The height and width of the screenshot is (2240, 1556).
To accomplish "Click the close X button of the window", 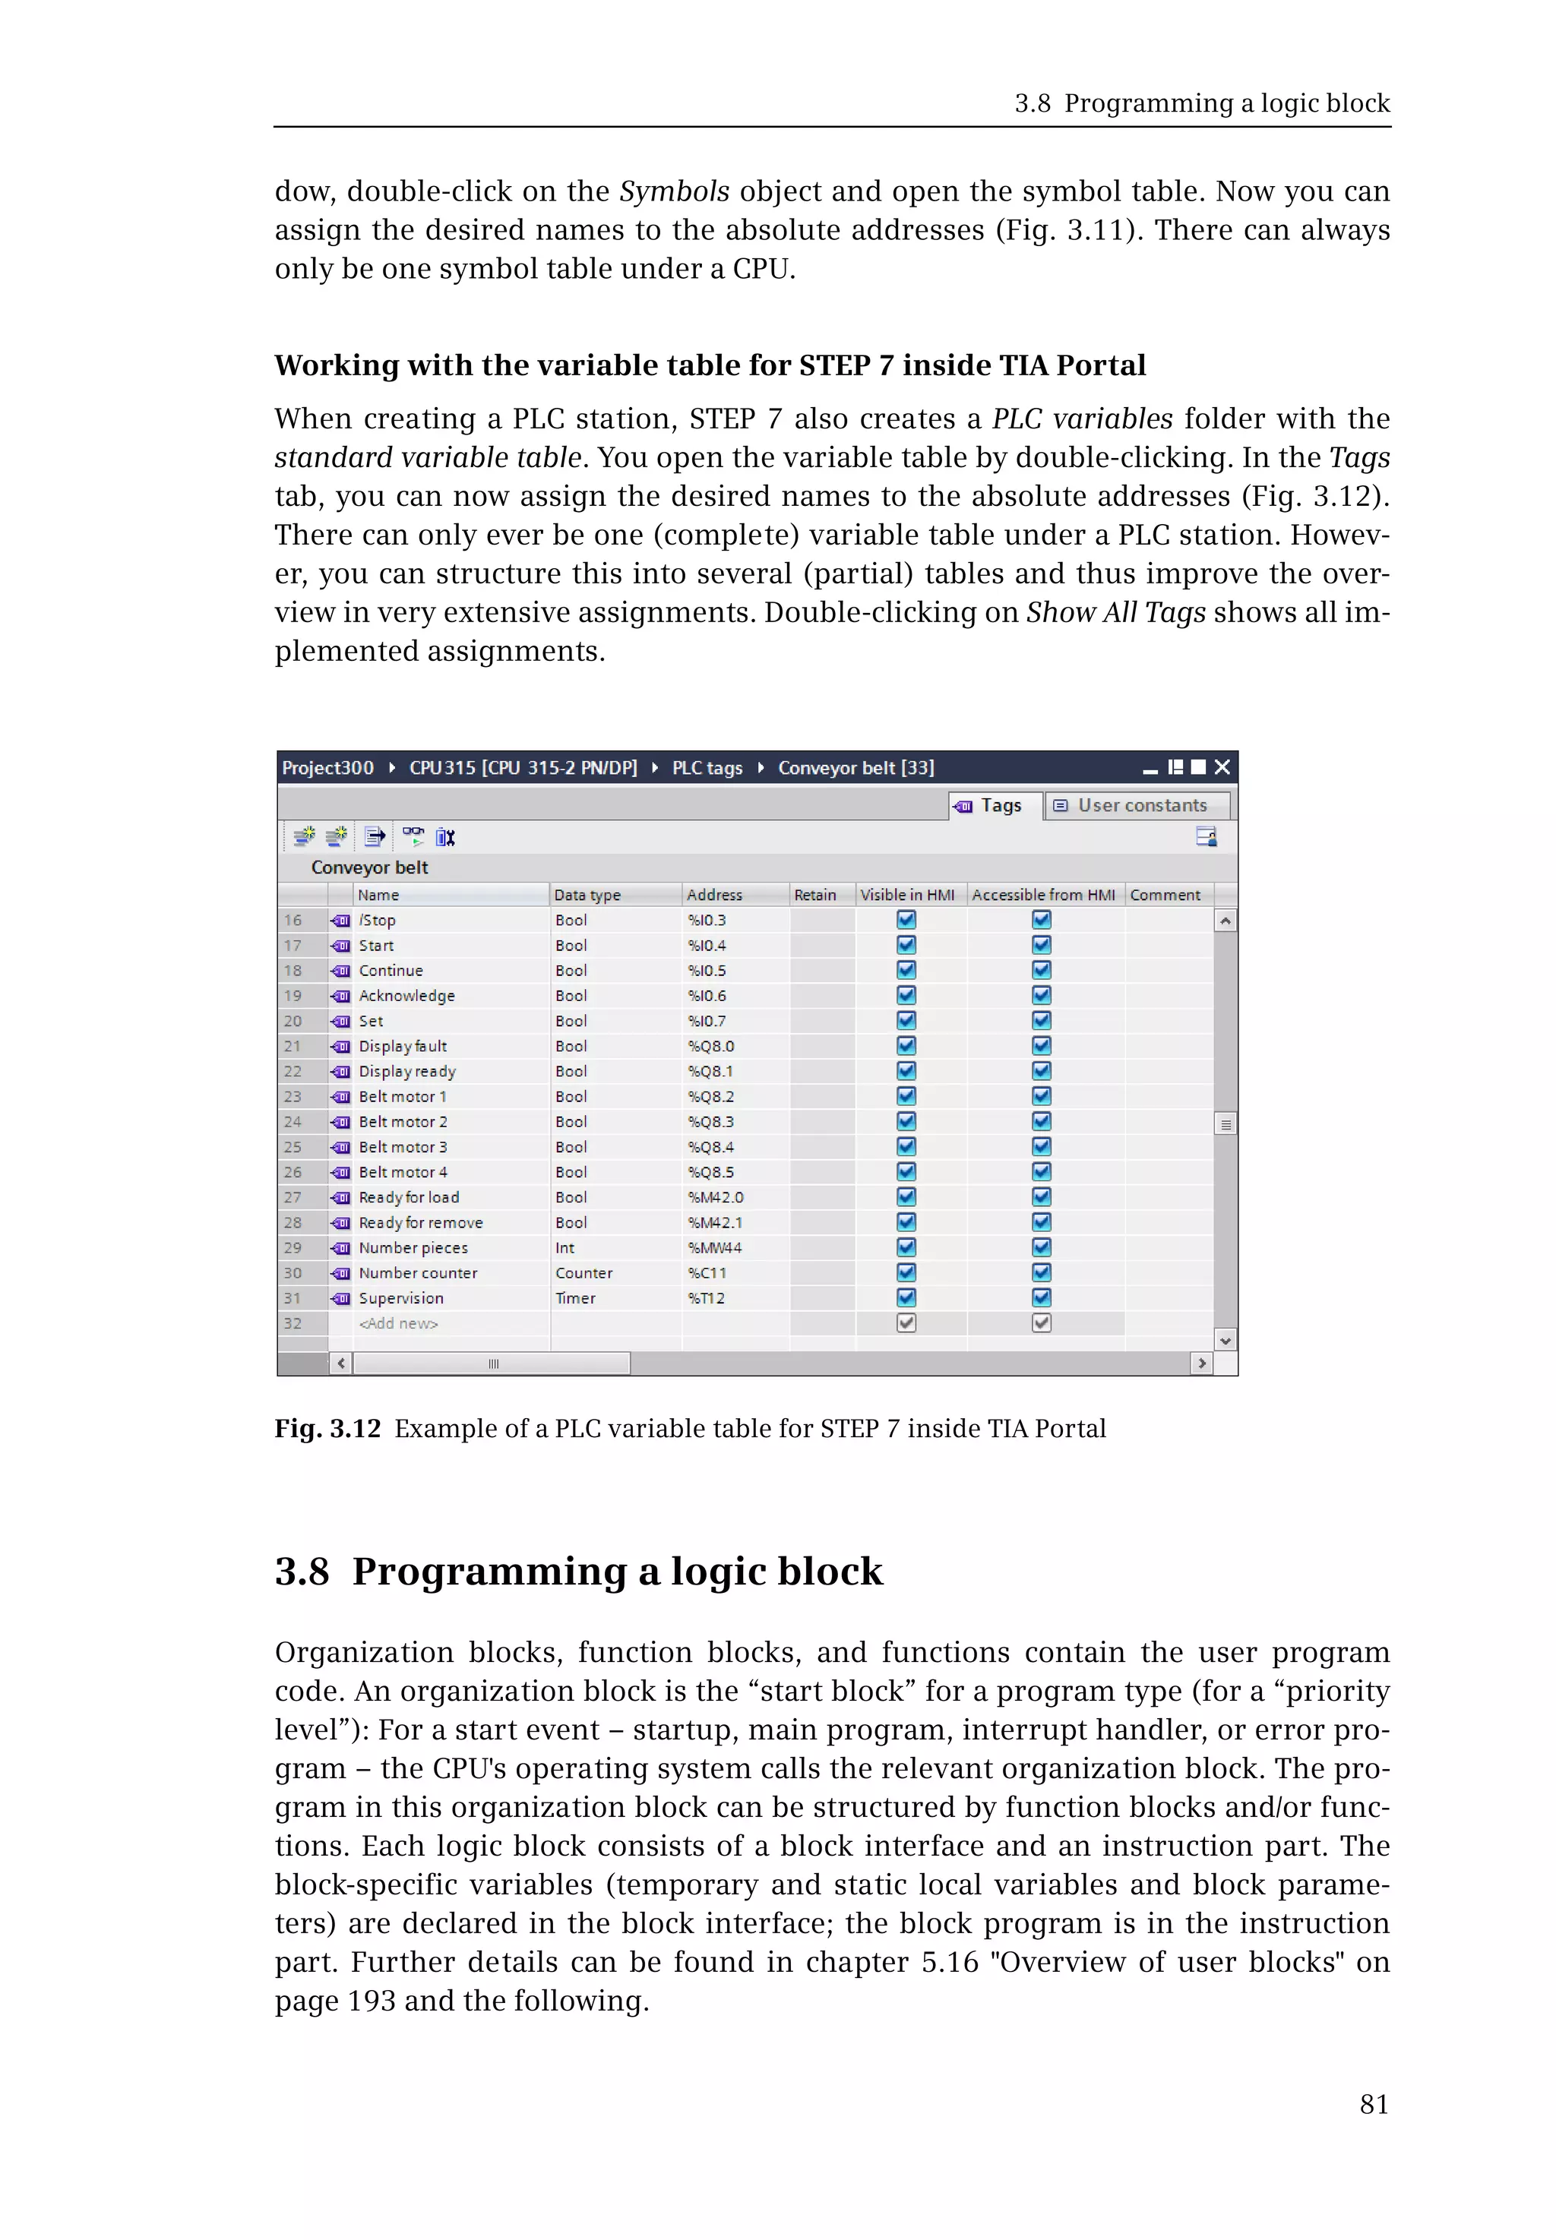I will pyautogui.click(x=1222, y=767).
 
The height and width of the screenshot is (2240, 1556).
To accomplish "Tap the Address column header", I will pyautogui.click(x=715, y=895).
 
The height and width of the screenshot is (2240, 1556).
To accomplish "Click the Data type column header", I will pyautogui.click(x=588, y=895).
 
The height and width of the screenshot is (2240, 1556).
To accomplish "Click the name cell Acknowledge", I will pyautogui.click(x=406, y=995).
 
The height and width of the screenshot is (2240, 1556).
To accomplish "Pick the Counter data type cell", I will pyautogui.click(x=584, y=1273).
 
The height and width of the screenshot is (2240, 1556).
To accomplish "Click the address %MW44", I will pyautogui.click(x=715, y=1248).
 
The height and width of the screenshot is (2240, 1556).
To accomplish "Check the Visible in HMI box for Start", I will pyautogui.click(x=906, y=945).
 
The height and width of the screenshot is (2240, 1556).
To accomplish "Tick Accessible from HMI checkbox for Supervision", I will pyautogui.click(x=1041, y=1297).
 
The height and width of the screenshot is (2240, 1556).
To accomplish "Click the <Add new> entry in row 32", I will pyautogui.click(x=399, y=1324).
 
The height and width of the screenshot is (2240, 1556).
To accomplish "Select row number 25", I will pyautogui.click(x=293, y=1147).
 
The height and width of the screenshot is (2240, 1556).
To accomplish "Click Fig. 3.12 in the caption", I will pyautogui.click(x=327, y=1429).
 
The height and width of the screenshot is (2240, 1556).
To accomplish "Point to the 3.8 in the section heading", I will pyautogui.click(x=302, y=1572).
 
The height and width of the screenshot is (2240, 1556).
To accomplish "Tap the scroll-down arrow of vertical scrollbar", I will pyautogui.click(x=1226, y=1341).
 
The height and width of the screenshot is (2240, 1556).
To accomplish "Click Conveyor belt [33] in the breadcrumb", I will pyautogui.click(x=855, y=768).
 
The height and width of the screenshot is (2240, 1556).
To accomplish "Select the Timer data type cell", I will pyautogui.click(x=575, y=1298).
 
